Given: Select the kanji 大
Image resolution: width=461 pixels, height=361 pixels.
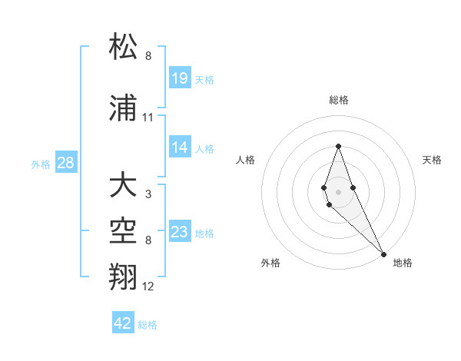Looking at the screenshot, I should point(123,185).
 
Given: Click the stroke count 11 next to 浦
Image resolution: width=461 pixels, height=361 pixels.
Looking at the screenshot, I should point(148,118).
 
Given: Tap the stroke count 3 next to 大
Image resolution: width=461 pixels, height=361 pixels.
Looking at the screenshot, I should point(148,194).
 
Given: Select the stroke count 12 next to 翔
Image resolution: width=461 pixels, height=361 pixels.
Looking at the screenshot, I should point(148,286).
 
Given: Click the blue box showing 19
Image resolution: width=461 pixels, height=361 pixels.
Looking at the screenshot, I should point(180,78).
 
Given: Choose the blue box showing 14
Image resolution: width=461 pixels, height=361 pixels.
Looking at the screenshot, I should point(180,147).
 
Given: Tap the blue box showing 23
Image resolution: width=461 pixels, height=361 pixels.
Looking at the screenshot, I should point(180,232).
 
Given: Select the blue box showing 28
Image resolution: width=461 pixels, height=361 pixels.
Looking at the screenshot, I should point(65,163).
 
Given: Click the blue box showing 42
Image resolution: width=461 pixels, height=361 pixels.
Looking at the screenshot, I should point(123,323).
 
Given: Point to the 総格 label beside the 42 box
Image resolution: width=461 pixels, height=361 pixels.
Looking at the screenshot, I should point(148,325).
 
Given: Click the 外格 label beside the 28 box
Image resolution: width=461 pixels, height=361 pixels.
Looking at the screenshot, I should point(41,164).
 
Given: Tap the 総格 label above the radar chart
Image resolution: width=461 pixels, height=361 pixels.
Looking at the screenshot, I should point(339,100).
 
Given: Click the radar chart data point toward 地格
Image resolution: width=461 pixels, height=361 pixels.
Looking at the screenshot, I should point(383,253).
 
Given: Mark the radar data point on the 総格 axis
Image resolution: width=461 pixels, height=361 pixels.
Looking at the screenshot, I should point(338,146).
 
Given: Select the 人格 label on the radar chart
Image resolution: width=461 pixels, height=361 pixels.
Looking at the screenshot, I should point(246,160).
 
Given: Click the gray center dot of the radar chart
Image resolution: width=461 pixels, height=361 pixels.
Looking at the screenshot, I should point(338,191).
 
